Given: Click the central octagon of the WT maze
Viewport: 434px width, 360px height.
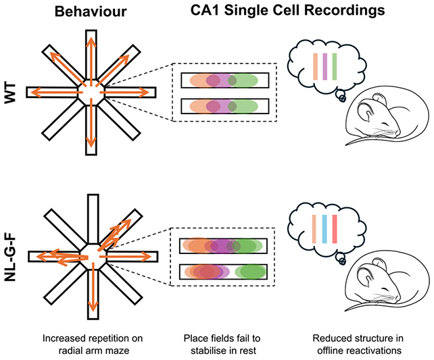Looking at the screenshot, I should coord(90,92).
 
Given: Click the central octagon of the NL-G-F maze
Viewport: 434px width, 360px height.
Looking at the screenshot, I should coord(90,255).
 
